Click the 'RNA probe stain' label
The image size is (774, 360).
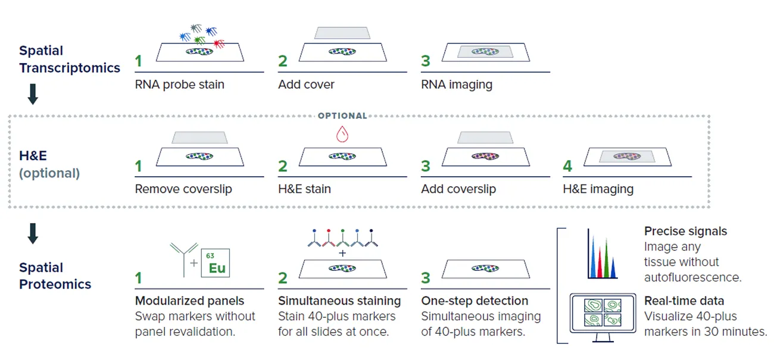tap(179, 84)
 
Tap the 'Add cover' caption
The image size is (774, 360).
tap(306, 84)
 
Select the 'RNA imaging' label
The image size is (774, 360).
tap(457, 84)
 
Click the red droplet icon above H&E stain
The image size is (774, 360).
tap(342, 134)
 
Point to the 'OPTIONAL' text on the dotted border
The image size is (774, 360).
tap(342, 115)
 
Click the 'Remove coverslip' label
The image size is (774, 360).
tap(183, 189)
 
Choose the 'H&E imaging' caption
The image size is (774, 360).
tap(598, 189)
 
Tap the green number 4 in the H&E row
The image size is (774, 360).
tap(567, 166)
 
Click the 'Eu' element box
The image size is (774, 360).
tap(216, 264)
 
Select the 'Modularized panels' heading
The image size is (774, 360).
tap(189, 300)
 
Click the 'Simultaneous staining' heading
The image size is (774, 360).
tap(339, 300)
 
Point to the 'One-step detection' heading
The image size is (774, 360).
tap(475, 300)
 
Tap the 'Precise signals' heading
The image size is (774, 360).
tap(685, 231)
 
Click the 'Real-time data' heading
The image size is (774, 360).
tap(684, 300)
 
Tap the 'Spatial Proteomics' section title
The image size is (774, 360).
tap(55, 276)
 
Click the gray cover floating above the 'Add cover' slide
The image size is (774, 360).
tap(342, 33)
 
